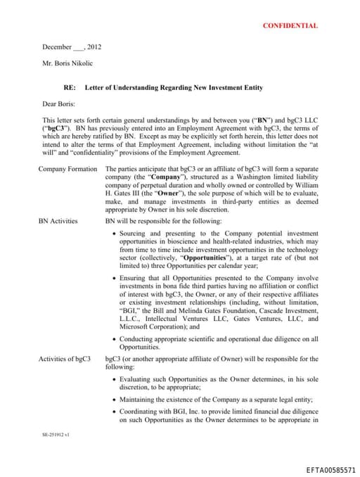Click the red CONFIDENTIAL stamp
pyautogui.click(x=290, y=25)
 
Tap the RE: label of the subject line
pyautogui.click(x=60, y=88)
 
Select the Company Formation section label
pyautogui.click(x=67, y=170)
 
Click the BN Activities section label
pyautogui.click(x=58, y=221)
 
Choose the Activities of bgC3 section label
pyautogui.click(x=65, y=360)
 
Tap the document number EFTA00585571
pyautogui.click(x=331, y=469)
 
